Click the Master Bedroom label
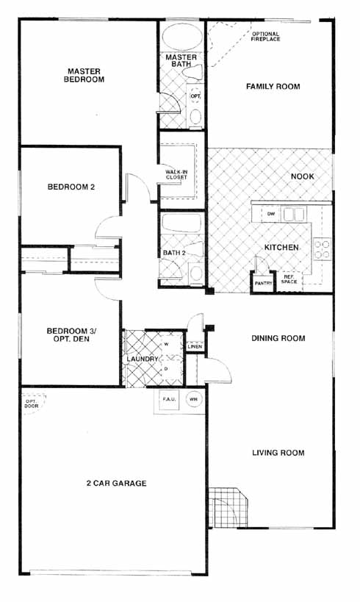[x=84, y=75]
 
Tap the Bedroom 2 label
[x=71, y=187]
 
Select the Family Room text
[x=273, y=87]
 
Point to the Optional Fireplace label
[x=265, y=37]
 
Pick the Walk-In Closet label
[x=176, y=175]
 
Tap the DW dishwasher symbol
[x=271, y=214]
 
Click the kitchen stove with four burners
[x=322, y=249]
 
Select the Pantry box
[x=263, y=282]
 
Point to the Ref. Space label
[x=289, y=279]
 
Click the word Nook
[x=303, y=176]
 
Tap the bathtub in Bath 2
[x=181, y=222]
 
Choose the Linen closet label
[x=195, y=347]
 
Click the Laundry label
[x=143, y=359]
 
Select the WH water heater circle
[x=194, y=399]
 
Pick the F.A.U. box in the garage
[x=169, y=400]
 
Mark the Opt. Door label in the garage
[x=32, y=404]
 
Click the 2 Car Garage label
[x=116, y=483]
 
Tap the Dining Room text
[x=278, y=338]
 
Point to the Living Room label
[x=278, y=453]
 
